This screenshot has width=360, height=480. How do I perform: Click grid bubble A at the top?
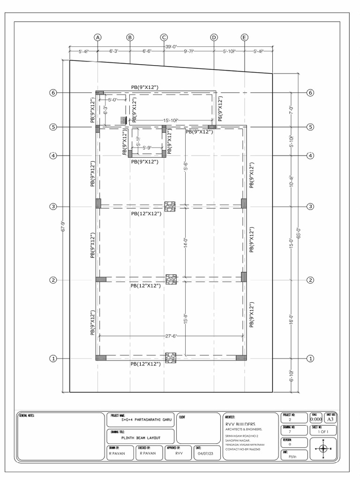point(97,37)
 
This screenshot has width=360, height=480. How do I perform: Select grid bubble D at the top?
point(214,37)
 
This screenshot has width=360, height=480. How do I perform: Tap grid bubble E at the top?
point(244,37)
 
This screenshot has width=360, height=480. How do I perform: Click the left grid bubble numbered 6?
point(53,93)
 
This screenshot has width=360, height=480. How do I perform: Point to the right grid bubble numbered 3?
point(310,206)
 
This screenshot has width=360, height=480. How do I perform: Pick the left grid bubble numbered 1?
point(53,359)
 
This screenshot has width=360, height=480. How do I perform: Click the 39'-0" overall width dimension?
point(171,46)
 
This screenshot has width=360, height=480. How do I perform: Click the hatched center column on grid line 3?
point(170,205)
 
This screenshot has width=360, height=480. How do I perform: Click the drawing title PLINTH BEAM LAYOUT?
point(141,437)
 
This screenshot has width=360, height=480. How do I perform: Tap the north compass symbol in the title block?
point(323,449)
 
